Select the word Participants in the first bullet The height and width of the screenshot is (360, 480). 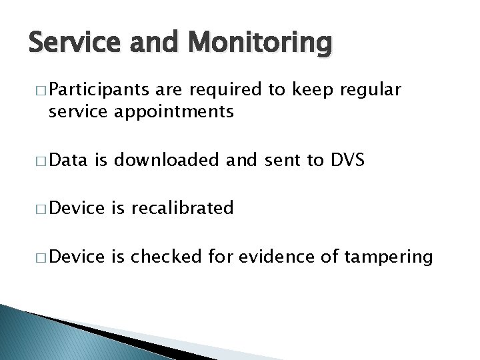[x=93, y=91]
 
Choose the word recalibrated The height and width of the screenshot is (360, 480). [x=182, y=208]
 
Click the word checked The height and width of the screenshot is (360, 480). [x=168, y=256]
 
